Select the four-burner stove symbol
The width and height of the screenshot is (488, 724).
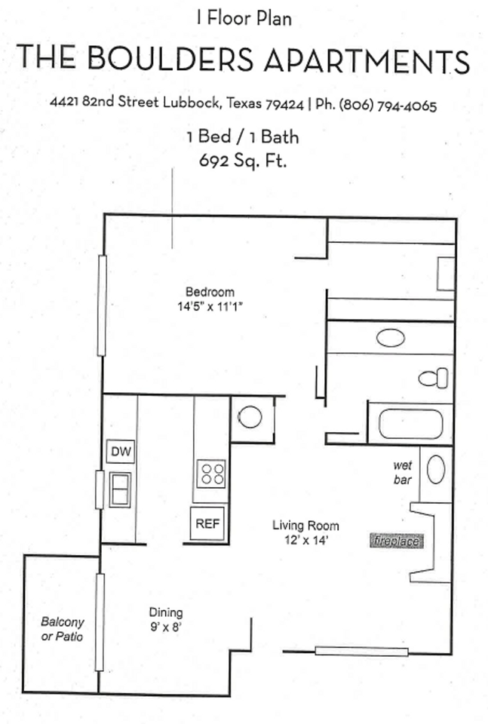point(211,474)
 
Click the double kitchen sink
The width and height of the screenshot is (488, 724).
point(120,489)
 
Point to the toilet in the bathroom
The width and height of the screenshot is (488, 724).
point(434,378)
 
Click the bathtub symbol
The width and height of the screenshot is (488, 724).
point(410,423)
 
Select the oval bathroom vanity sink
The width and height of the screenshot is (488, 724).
point(391,338)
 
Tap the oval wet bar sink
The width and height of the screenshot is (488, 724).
point(436,470)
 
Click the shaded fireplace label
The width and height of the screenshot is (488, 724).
point(395,541)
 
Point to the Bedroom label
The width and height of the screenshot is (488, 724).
point(210,292)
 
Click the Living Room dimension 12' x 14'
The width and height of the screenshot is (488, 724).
point(305,540)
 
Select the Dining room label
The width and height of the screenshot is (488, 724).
point(165,612)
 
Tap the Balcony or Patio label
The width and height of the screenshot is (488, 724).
point(62,630)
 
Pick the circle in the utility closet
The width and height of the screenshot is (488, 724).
point(250,416)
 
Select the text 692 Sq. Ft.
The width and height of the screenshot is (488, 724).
point(243,160)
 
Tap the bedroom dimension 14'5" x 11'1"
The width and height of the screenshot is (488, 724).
point(210,306)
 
